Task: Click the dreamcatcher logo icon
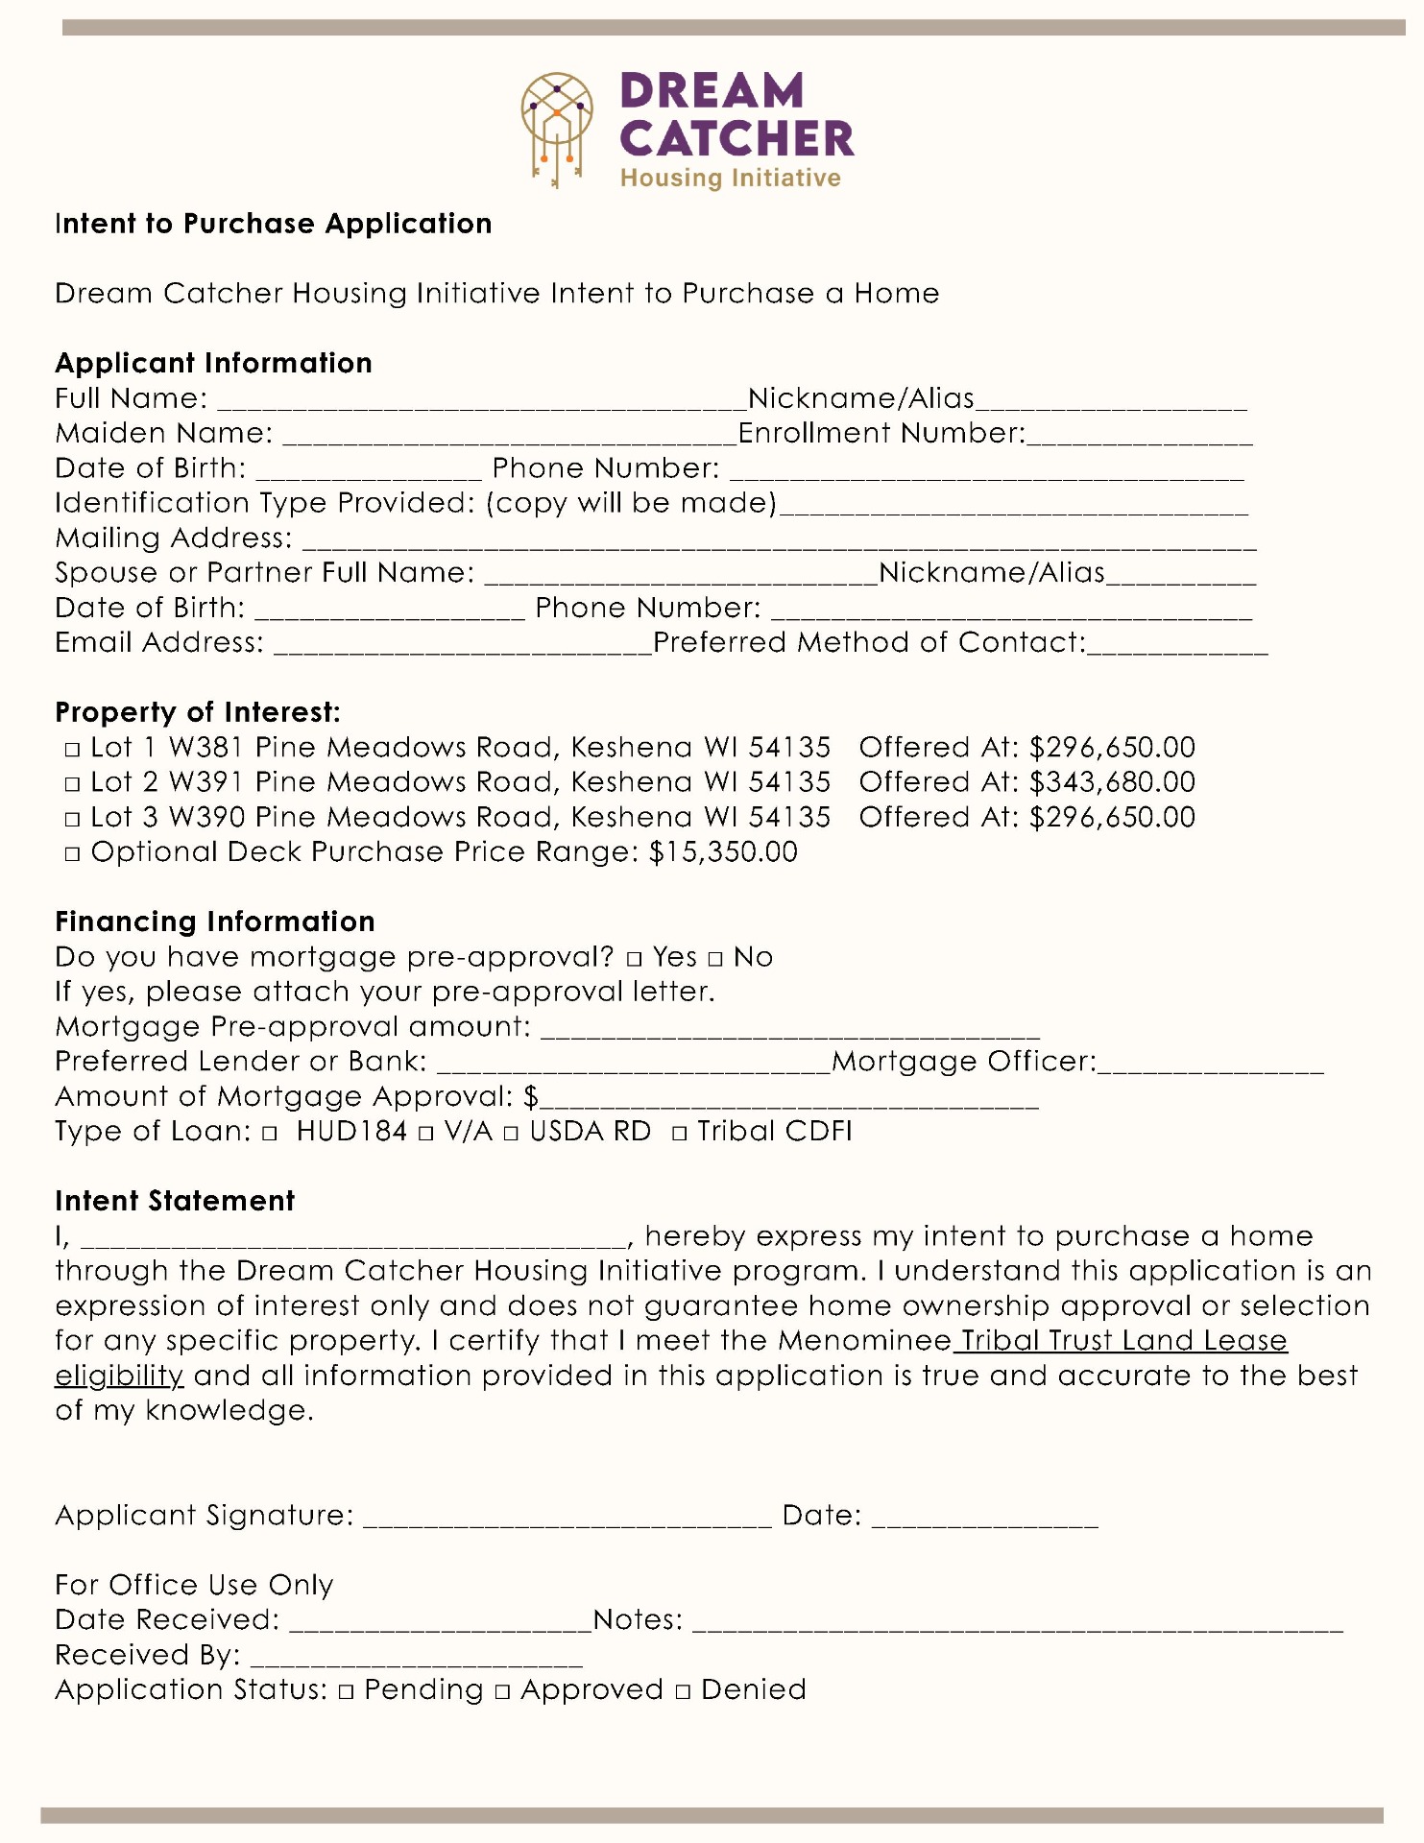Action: tap(557, 129)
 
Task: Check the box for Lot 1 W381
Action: tap(72, 750)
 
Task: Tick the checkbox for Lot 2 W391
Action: tap(72, 784)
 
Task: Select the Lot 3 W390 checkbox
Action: tap(72, 820)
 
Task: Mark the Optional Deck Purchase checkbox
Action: tap(72, 854)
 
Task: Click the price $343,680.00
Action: tap(1112, 782)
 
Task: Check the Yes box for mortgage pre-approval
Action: tap(635, 959)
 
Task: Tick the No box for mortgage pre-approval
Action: tap(715, 959)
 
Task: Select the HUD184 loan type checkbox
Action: tap(270, 1134)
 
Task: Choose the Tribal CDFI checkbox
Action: tap(680, 1134)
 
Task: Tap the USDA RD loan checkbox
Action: tap(511, 1134)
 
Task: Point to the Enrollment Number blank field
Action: tap(1139, 437)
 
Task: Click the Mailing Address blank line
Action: tap(778, 541)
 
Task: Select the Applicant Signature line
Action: tap(567, 1519)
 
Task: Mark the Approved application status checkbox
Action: tap(503, 1692)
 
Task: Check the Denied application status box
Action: tap(683, 1692)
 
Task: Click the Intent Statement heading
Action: tap(175, 1201)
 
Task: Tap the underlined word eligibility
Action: tap(119, 1376)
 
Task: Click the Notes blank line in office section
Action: tap(1017, 1623)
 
